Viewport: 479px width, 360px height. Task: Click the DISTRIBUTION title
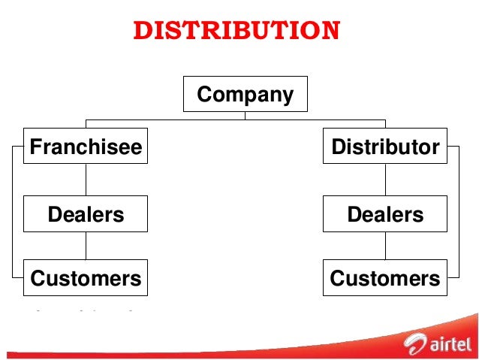tap(236, 31)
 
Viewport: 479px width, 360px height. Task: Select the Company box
tap(245, 95)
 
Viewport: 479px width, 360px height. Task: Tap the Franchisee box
tap(86, 147)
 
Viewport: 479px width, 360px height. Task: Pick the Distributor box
tap(385, 147)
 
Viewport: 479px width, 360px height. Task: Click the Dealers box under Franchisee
tap(86, 214)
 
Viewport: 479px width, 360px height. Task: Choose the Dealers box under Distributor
tap(385, 214)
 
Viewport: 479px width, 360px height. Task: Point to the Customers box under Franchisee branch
tap(86, 278)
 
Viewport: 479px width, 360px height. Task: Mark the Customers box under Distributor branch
tap(385, 278)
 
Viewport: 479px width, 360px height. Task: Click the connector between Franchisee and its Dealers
tap(86, 180)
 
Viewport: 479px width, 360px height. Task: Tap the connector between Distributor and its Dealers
tap(385, 180)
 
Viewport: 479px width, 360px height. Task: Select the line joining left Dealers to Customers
tap(86, 246)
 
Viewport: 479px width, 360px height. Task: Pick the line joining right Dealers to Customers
tap(385, 246)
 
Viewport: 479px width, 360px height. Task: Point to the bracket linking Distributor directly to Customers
tap(457, 213)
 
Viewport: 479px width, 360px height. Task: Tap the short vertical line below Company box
tap(245, 116)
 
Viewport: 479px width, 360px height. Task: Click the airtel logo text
tap(450, 345)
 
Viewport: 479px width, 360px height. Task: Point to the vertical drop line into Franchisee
tap(86, 124)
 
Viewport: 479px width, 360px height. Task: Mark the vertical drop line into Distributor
tap(385, 124)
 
